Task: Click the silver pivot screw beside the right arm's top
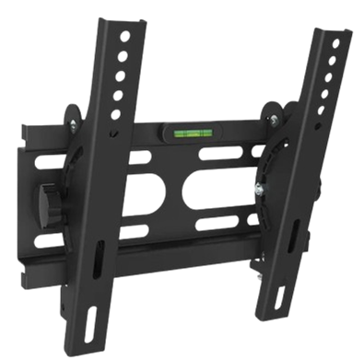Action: pos(275,115)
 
